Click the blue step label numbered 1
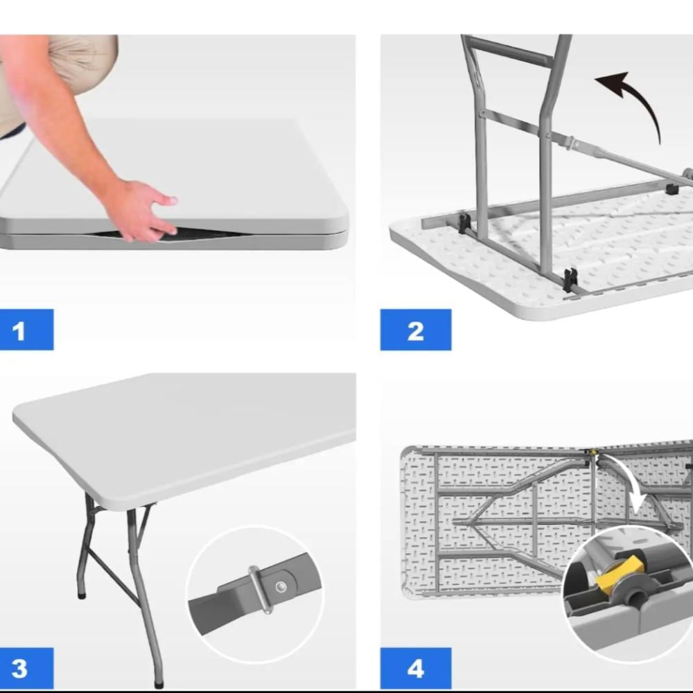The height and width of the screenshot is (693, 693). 26,330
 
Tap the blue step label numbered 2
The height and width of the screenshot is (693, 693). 415,330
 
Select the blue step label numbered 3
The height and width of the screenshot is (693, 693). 26,668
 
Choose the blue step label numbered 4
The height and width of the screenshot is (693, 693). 415,668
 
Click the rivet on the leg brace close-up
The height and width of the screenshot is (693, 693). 281,587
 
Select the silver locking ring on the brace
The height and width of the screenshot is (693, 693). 261,590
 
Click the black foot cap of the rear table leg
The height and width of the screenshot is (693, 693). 82,595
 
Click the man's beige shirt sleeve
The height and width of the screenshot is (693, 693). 84,62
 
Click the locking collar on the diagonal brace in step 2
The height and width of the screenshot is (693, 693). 572,143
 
